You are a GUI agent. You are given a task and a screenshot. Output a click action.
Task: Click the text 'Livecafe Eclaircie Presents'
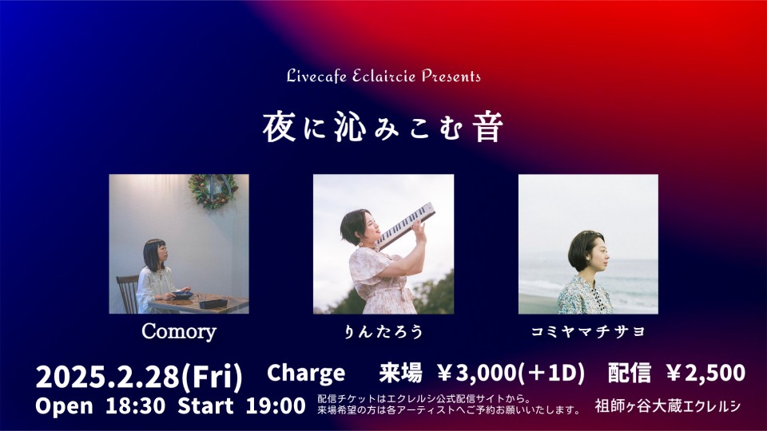(x=383, y=77)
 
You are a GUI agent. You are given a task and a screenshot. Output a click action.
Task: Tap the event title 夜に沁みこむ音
(x=383, y=127)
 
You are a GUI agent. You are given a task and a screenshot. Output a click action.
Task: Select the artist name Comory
(x=178, y=332)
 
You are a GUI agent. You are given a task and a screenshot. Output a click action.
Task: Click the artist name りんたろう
(x=383, y=332)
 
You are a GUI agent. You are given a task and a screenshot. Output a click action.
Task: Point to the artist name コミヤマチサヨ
(x=588, y=332)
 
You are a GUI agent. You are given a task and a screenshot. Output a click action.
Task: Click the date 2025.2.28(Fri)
(x=139, y=377)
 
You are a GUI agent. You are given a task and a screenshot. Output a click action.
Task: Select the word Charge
(x=306, y=374)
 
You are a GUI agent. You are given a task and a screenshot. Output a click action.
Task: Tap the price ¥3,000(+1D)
(x=511, y=374)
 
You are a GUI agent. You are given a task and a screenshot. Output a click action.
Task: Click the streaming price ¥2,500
(x=705, y=374)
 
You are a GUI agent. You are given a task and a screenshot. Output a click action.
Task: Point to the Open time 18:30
(x=136, y=406)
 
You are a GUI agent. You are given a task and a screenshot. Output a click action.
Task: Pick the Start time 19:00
(x=276, y=406)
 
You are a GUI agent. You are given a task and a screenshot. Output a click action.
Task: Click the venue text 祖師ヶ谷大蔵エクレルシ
(x=668, y=406)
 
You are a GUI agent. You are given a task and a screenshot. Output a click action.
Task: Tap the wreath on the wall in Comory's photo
(x=213, y=190)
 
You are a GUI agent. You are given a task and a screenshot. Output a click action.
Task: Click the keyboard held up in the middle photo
(x=405, y=225)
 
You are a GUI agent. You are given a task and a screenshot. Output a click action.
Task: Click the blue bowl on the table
(x=182, y=295)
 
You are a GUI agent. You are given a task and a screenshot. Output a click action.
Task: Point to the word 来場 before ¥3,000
(x=400, y=374)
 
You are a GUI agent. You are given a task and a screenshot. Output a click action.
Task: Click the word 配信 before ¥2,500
(x=630, y=374)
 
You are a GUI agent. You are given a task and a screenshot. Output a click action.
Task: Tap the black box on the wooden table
(x=213, y=304)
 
